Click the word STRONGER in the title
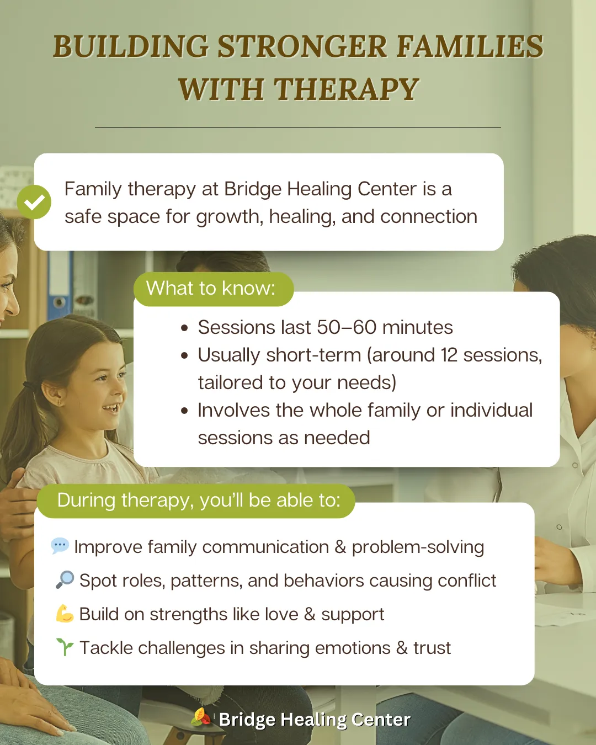(302, 47)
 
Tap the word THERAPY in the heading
(347, 89)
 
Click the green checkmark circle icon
(34, 202)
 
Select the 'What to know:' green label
(214, 289)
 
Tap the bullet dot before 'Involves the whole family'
(184, 411)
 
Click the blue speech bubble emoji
(60, 546)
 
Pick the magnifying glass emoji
(65, 579)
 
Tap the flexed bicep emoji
(65, 614)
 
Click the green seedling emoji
(65, 647)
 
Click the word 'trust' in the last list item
(432, 648)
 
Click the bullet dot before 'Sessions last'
(184, 328)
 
